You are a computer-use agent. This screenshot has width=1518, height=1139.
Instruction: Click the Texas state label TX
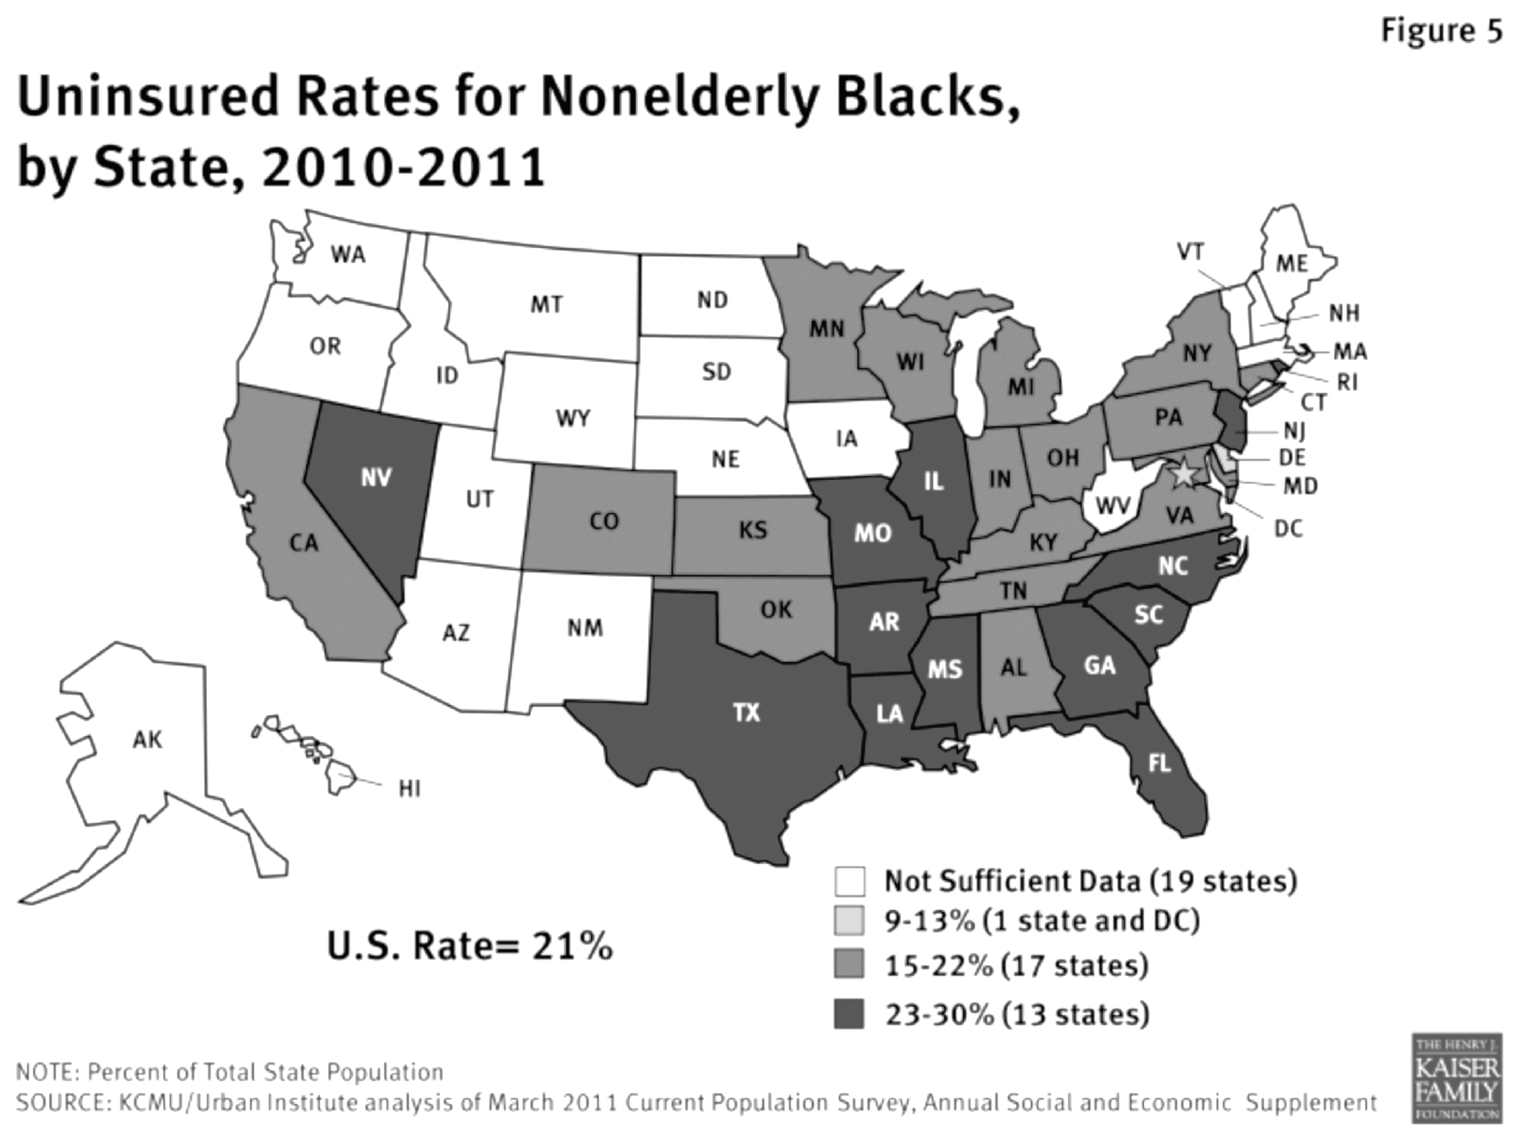point(747,713)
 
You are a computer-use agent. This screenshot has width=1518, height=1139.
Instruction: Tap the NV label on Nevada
point(376,478)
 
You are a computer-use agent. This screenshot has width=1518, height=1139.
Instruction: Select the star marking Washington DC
point(1183,474)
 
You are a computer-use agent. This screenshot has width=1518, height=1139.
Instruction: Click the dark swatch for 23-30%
point(849,1013)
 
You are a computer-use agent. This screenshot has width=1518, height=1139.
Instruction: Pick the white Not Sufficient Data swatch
point(849,881)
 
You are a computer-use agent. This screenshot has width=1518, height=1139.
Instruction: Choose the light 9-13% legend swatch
point(849,921)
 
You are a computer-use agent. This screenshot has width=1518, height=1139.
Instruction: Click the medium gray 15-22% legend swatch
point(849,965)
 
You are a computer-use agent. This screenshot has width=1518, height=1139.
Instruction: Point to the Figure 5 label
point(1442,31)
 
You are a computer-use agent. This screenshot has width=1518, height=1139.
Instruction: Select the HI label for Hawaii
point(409,789)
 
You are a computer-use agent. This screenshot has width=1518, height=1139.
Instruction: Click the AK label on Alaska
point(147,739)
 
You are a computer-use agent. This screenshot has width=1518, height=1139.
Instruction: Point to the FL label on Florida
point(1159,763)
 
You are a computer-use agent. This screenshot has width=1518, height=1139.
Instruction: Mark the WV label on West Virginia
point(1113,506)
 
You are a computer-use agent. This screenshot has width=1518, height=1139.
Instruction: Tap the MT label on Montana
point(546,304)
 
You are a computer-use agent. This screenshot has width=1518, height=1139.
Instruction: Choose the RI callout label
point(1346,382)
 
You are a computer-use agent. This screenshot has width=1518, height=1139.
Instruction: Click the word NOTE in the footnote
point(45,1073)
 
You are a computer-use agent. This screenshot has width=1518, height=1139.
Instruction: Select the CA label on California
point(303,542)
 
